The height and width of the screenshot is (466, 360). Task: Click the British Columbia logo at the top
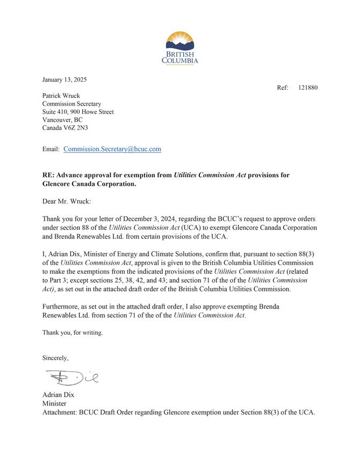click(180, 47)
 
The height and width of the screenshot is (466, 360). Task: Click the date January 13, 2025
click(64, 80)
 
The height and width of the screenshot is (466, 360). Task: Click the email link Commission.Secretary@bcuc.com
click(112, 149)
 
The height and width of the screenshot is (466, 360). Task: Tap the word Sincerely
click(56, 357)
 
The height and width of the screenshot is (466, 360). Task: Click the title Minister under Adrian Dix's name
click(54, 403)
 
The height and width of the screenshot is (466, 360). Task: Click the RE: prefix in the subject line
click(48, 175)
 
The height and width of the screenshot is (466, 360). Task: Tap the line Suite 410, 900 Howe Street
click(78, 112)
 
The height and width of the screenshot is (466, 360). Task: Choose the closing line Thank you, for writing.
click(72, 332)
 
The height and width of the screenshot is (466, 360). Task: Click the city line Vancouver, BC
click(62, 120)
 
